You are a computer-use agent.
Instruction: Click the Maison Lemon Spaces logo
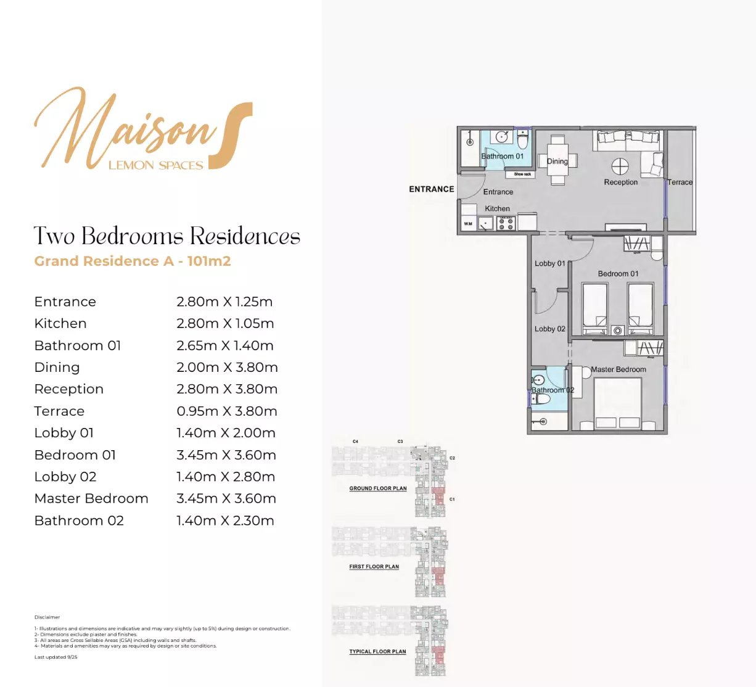click(x=143, y=130)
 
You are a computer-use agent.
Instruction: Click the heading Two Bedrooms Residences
click(x=167, y=236)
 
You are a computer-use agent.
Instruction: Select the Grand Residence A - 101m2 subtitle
click(x=133, y=261)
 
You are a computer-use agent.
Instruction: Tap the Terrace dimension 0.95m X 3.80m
click(x=226, y=411)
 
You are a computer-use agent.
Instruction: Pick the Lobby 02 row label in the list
click(x=65, y=477)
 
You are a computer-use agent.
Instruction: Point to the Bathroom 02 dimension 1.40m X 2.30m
click(x=225, y=520)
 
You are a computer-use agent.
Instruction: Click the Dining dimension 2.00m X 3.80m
click(x=227, y=368)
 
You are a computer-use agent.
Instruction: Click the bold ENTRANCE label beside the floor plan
click(x=431, y=189)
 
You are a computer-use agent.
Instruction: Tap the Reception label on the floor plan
click(x=620, y=183)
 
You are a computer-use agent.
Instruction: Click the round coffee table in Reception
click(x=620, y=167)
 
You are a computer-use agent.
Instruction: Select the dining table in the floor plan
click(x=557, y=161)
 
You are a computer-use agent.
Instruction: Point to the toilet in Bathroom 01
click(x=523, y=142)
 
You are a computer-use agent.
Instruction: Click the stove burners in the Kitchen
click(x=506, y=224)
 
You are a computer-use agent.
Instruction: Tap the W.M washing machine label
click(x=468, y=224)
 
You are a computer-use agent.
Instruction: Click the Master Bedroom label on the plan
click(x=618, y=369)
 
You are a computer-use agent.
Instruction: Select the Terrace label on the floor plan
click(x=680, y=183)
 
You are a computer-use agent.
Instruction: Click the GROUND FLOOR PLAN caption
click(x=377, y=488)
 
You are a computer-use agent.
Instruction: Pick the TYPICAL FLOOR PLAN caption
click(x=377, y=651)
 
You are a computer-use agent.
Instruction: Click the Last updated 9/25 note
click(x=56, y=657)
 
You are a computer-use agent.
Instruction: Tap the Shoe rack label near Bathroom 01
click(x=522, y=175)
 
